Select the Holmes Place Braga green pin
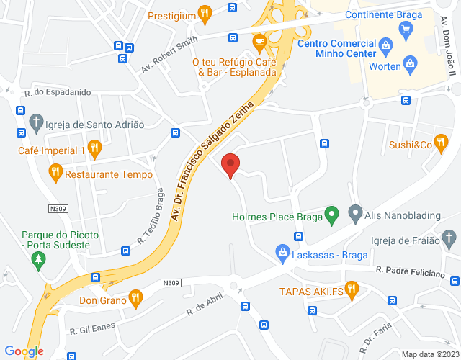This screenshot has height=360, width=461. point(331,214)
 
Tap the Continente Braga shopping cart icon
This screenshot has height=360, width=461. point(406,30)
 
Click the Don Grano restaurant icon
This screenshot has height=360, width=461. point(135,297)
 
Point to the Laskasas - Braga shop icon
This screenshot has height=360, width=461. point(283,253)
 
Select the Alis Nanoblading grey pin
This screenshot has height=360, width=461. point(354,213)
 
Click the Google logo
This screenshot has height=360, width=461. point(24,351)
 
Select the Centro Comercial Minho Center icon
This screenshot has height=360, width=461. point(386,47)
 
